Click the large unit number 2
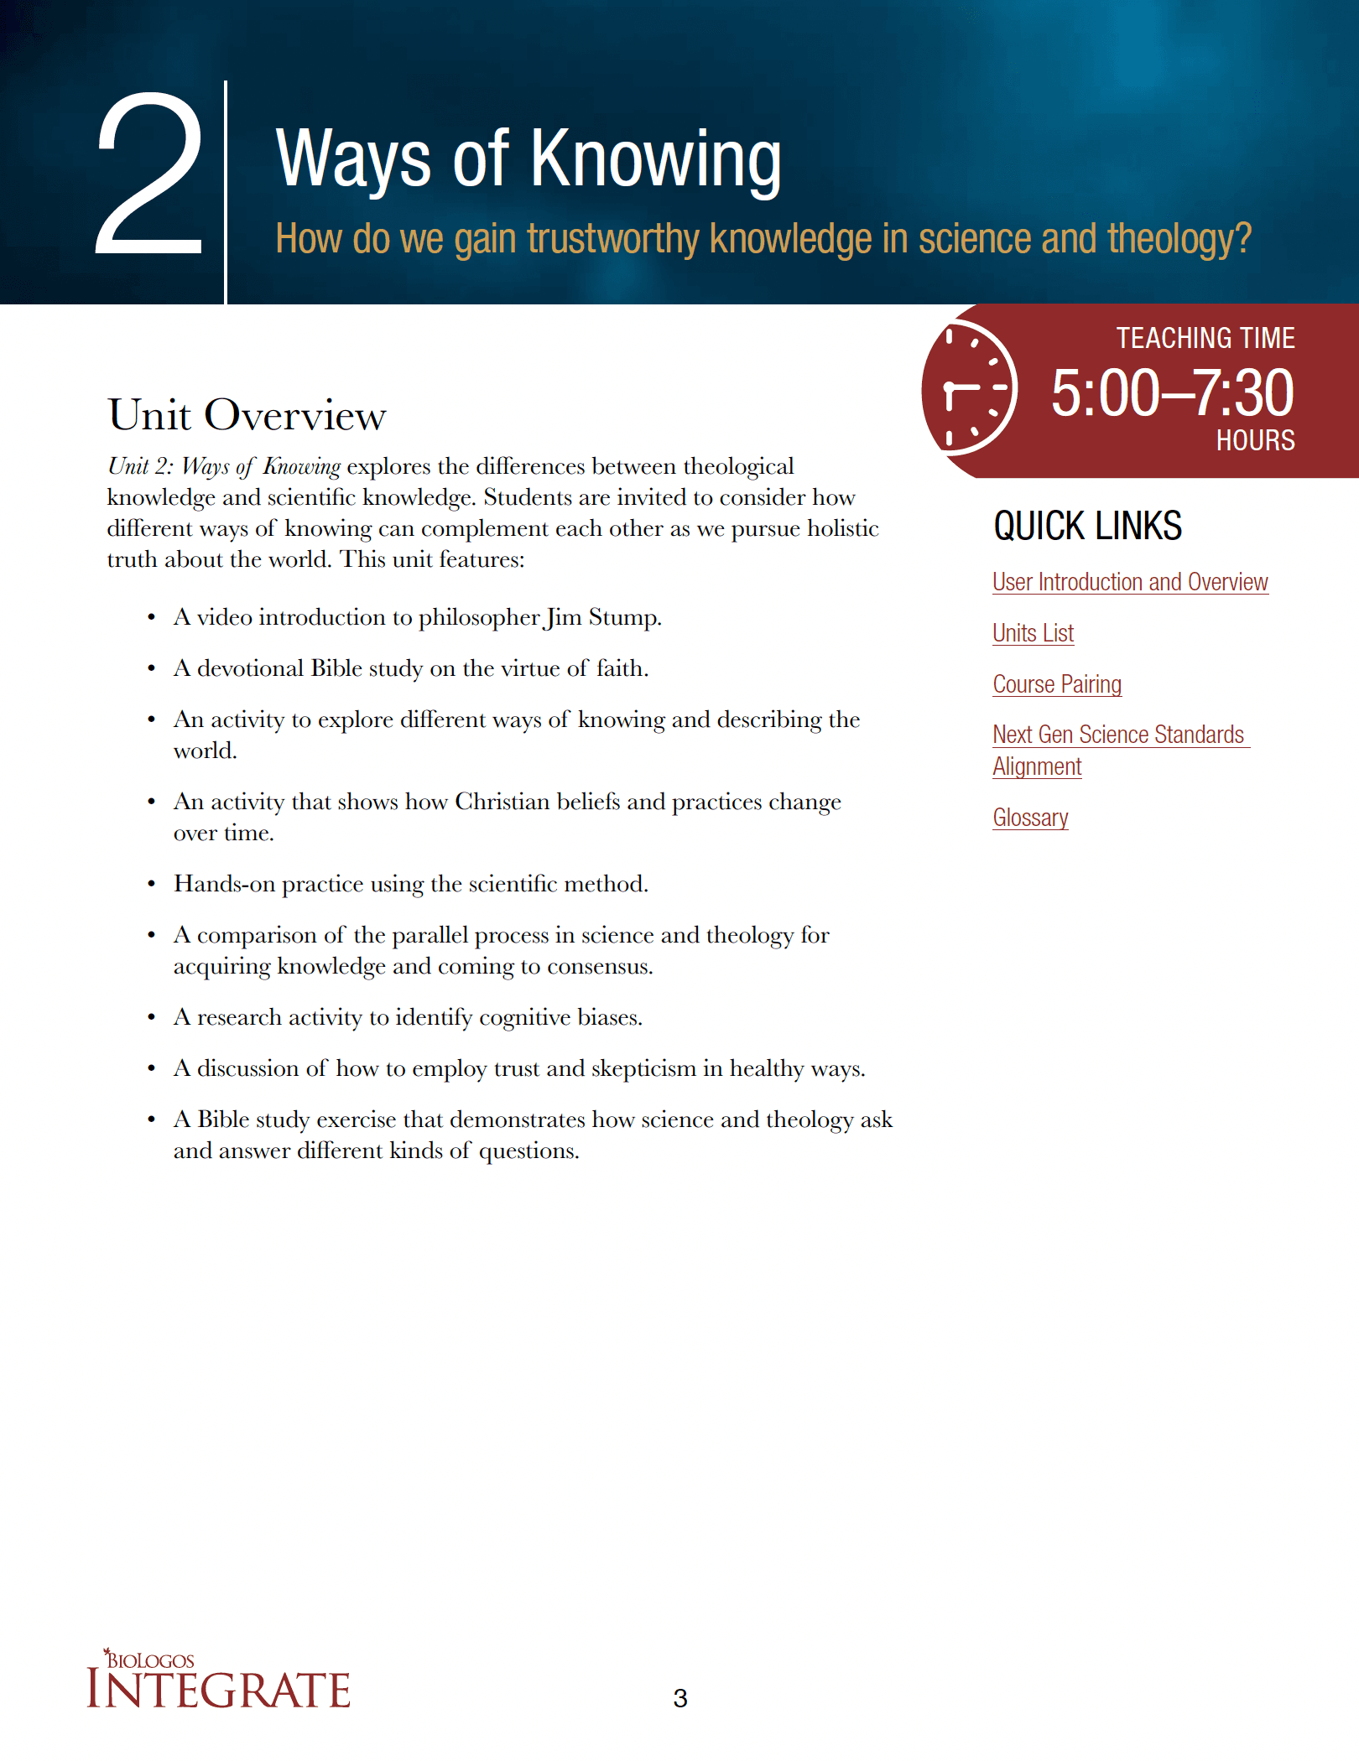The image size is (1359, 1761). pos(149,174)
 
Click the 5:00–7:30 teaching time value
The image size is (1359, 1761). pos(1172,392)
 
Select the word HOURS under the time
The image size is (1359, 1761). pos(1255,440)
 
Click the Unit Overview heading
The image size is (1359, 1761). pos(247,414)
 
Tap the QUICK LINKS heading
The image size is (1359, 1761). pos(1087,527)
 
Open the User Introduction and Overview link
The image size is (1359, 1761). pos(1129,582)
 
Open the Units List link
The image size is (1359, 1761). pos(1033,633)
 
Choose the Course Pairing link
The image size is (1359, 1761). pos(1056,684)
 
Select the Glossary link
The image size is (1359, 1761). pos(1030,818)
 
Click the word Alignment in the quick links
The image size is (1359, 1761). pos(1037,766)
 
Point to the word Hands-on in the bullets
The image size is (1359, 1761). pos(224,884)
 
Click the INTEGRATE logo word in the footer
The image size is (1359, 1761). pos(218,1690)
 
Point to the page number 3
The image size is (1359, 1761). pos(680,1698)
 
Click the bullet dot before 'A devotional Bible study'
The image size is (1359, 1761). pos(151,669)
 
